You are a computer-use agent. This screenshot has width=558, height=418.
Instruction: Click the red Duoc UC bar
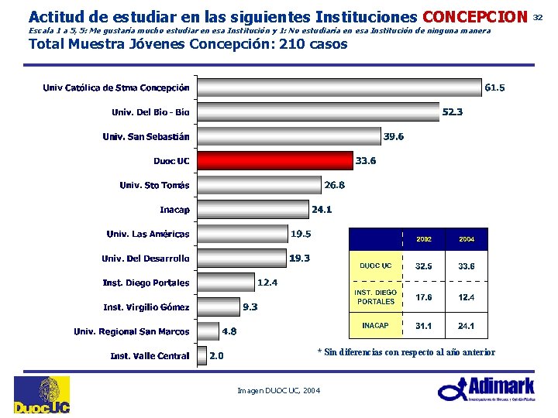click(274, 161)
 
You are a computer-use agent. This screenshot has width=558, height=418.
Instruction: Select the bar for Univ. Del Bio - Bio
click(318, 112)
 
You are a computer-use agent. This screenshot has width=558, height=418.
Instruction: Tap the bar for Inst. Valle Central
click(202, 356)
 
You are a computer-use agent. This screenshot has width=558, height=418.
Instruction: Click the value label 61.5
click(494, 88)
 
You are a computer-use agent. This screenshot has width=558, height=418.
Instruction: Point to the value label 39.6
click(394, 136)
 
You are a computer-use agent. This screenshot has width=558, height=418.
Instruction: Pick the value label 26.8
click(335, 185)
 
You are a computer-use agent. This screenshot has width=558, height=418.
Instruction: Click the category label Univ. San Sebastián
click(146, 137)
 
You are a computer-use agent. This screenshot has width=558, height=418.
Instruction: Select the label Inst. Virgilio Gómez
click(146, 307)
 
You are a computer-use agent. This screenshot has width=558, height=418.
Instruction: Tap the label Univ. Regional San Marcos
click(132, 331)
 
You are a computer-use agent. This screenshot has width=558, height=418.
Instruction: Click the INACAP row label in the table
click(375, 326)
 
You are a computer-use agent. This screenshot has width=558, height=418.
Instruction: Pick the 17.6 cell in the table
click(424, 297)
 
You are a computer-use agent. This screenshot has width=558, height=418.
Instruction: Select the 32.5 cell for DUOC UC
click(424, 266)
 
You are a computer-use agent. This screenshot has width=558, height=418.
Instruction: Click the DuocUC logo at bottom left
click(41, 395)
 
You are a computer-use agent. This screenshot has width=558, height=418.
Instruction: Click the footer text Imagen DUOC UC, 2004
click(279, 390)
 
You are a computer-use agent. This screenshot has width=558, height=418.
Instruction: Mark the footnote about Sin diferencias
click(406, 352)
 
